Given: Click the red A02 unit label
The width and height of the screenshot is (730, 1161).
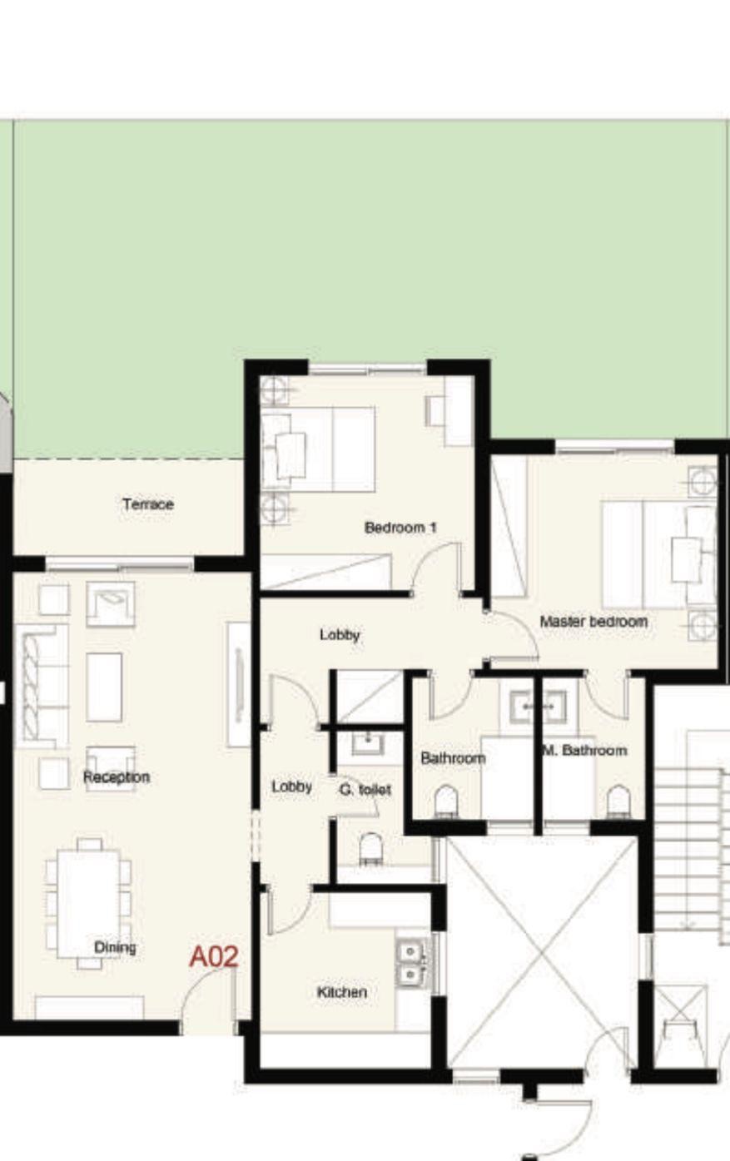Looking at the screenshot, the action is pyautogui.click(x=214, y=956).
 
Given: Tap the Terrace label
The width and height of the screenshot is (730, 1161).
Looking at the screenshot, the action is pyautogui.click(x=148, y=504).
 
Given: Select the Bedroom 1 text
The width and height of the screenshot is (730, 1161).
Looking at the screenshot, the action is pyautogui.click(x=400, y=528).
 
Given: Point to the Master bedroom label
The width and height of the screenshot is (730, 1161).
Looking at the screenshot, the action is pyautogui.click(x=593, y=622).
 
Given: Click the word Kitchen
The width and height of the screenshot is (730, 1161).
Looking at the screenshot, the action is pyautogui.click(x=341, y=992).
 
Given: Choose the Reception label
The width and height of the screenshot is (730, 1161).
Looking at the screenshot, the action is pyautogui.click(x=117, y=777).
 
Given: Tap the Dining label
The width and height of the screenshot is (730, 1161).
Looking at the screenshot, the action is pyautogui.click(x=115, y=947).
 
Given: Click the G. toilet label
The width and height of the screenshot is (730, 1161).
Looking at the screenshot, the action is pyautogui.click(x=365, y=790).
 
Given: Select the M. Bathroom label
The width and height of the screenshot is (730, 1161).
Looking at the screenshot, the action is pyautogui.click(x=585, y=750).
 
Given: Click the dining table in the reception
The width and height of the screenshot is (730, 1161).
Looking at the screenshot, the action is pyautogui.click(x=88, y=904).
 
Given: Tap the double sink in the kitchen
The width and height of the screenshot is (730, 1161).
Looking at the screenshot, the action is pyautogui.click(x=411, y=963).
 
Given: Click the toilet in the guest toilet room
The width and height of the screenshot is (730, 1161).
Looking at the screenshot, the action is pyautogui.click(x=370, y=849).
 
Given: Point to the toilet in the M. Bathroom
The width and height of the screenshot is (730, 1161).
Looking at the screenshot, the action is pyautogui.click(x=618, y=801).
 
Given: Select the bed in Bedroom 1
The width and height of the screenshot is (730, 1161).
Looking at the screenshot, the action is pyautogui.click(x=317, y=449).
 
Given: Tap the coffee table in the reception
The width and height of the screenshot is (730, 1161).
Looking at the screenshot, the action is pyautogui.click(x=104, y=687).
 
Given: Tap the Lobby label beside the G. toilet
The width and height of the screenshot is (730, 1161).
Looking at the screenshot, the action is pyautogui.click(x=292, y=786).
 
